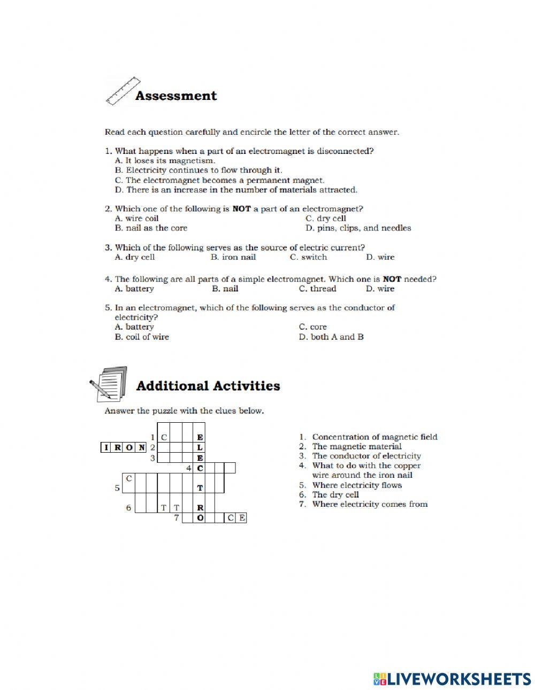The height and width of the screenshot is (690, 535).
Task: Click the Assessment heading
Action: tap(176, 96)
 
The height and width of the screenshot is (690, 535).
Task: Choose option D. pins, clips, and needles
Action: tap(358, 228)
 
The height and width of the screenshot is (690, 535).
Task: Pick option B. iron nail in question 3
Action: tap(233, 257)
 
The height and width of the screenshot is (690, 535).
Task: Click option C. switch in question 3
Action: tap(308, 257)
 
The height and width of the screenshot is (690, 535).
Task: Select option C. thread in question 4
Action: tap(317, 289)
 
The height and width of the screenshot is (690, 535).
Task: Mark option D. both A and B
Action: tap(331, 337)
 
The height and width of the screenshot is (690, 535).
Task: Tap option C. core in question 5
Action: tap(312, 327)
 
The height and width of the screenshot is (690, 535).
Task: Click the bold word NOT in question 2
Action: tap(241, 209)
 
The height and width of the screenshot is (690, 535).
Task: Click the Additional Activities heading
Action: tap(208, 386)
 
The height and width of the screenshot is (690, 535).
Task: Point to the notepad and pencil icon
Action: tap(109, 383)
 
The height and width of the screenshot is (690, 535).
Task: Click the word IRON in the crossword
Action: tap(124, 447)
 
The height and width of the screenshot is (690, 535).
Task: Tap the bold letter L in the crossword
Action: tap(200, 447)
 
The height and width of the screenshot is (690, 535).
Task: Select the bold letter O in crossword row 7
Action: tap(200, 518)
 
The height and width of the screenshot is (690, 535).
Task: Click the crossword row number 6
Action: tap(128, 508)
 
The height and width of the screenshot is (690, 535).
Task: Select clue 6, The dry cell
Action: tap(335, 494)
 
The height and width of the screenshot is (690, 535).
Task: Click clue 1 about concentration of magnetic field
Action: tap(374, 437)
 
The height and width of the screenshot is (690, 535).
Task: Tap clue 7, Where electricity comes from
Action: tap(369, 504)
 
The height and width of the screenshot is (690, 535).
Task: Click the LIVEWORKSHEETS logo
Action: tap(452, 678)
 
